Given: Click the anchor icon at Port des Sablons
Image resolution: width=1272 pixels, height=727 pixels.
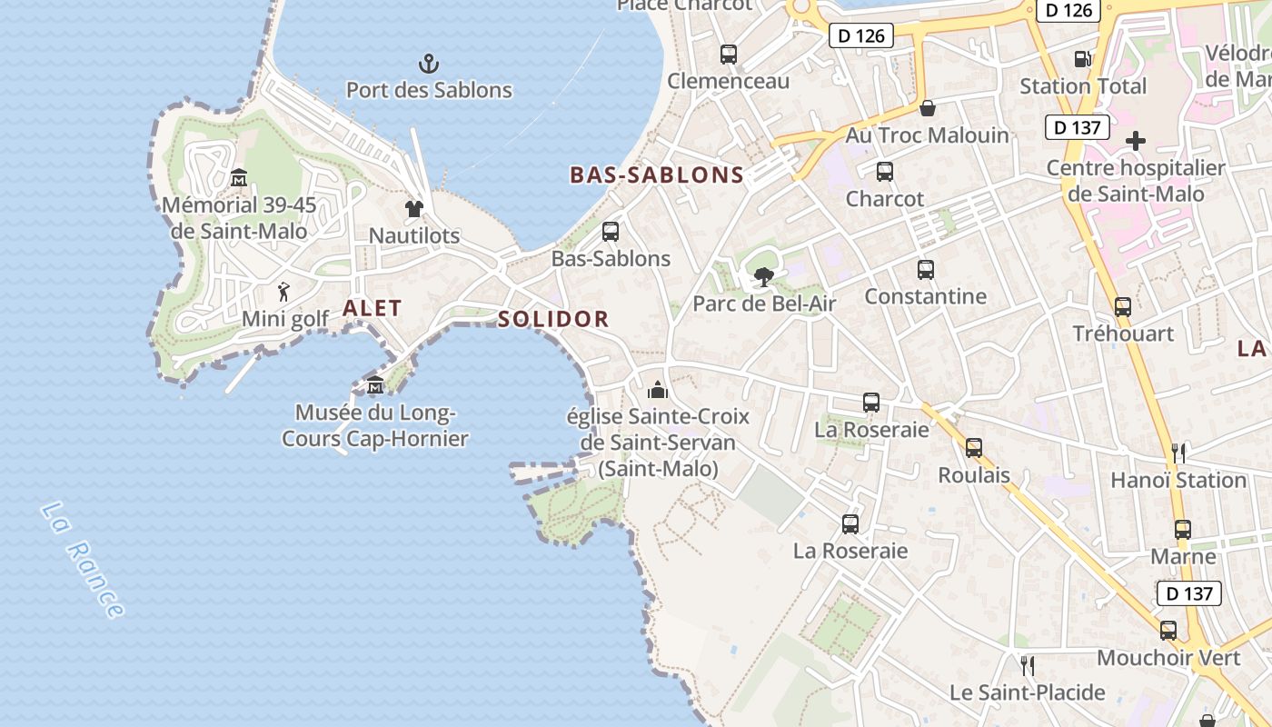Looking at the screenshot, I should [x=429, y=64].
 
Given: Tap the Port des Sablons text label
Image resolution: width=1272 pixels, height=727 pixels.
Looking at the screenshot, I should [x=429, y=90].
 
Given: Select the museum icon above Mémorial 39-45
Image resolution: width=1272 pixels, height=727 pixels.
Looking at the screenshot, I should [x=239, y=176].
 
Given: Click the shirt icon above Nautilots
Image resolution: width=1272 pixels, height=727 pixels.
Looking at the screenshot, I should [x=414, y=209].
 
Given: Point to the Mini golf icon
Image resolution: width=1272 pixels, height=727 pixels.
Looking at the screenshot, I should [x=284, y=292].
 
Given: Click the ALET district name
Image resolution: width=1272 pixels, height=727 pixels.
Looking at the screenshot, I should [x=372, y=308].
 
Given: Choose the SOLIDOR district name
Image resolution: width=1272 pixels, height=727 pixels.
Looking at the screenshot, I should [x=552, y=319].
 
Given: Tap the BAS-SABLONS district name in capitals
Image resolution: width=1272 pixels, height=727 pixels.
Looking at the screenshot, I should [x=656, y=175].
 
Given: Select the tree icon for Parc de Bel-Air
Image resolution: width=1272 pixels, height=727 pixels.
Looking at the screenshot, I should [x=764, y=277].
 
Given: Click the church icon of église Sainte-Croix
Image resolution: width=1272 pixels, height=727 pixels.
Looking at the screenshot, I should [x=658, y=390].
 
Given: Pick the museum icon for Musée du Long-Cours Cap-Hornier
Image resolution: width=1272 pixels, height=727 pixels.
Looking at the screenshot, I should [x=375, y=386].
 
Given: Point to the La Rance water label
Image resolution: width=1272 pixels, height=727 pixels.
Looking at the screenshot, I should [x=82, y=561].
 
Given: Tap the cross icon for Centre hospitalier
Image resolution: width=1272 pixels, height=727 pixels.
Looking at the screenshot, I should [x=1136, y=141].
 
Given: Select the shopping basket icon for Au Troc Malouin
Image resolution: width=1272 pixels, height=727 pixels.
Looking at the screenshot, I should [x=928, y=108].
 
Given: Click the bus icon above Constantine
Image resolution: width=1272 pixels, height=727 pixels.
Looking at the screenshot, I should [x=926, y=270].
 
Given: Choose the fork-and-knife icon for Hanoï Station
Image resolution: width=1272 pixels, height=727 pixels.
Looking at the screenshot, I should [x=1178, y=453].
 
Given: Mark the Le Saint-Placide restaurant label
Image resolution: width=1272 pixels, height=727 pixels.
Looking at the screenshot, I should [x=1027, y=692].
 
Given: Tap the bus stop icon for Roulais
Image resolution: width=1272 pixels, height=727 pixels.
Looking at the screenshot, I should [x=974, y=447].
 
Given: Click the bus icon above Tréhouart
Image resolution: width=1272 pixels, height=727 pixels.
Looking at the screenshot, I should [x=1123, y=307].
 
